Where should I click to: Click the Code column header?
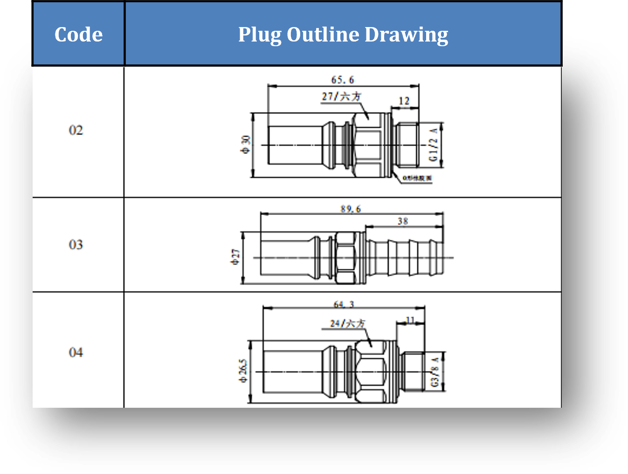[78, 35]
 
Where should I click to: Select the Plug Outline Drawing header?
[343, 35]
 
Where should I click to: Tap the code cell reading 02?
[76, 130]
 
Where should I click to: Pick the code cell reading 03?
[76, 244]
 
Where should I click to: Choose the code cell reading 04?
[76, 352]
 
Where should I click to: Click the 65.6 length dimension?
[343, 80]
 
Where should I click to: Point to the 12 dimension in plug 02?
[404, 101]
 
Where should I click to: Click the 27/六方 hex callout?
[341, 97]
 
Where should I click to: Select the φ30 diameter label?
[246, 144]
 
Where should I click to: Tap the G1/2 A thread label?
[434, 145]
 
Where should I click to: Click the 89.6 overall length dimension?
[351, 209]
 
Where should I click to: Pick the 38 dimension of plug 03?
[403, 221]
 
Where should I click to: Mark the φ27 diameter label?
[236, 257]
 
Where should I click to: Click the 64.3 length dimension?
[344, 305]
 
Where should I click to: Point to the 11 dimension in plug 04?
[410, 321]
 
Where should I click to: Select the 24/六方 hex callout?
[347, 323]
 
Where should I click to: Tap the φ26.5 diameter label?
[243, 371]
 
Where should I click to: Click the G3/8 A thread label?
[435, 372]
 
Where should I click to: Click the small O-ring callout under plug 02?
[417, 178]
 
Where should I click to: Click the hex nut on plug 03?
[345, 258]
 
